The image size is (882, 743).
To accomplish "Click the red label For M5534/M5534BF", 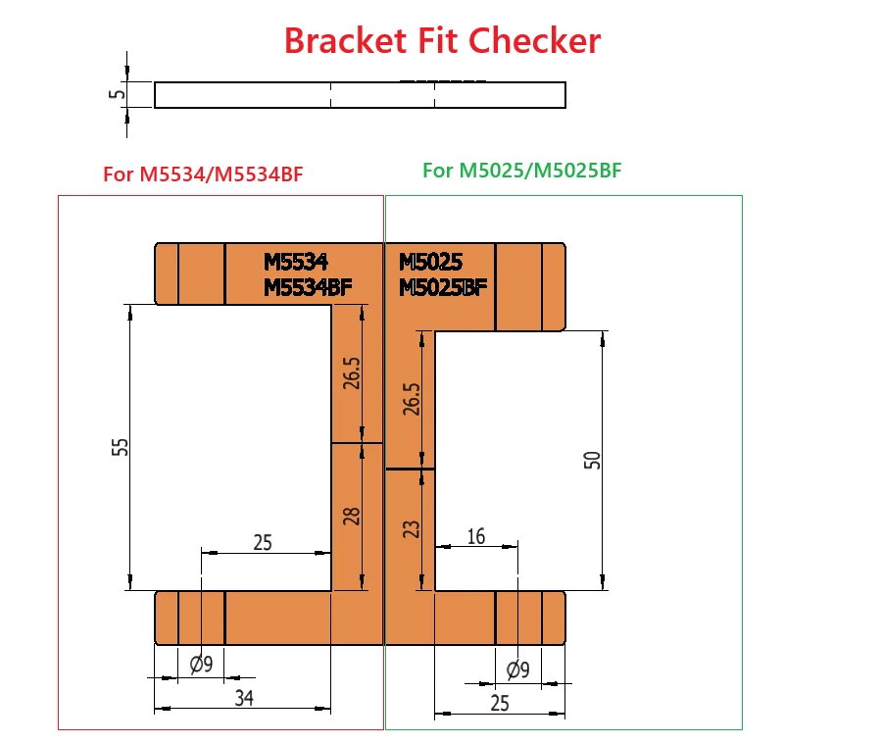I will pos(203,175).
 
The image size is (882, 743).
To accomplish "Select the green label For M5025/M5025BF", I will pos(522,171).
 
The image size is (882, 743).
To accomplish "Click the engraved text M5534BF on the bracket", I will pos(308,286).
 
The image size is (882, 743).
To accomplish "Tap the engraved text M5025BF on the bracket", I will pos(443,286).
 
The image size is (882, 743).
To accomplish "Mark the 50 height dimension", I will pos(592,461).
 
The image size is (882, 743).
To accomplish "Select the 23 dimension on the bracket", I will pos(412,528).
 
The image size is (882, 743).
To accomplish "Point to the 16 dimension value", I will pos(476,537).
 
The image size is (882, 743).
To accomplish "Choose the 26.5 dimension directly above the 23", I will pos(412,399).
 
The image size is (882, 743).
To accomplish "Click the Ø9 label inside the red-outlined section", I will pos(201,664).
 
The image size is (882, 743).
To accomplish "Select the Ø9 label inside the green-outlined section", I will pos(517,669).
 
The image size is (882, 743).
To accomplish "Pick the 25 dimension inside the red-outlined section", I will pos(263,541).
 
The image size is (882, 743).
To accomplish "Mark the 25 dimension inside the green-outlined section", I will pos(499,702).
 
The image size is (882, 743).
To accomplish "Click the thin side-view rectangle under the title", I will pos(360,94).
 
